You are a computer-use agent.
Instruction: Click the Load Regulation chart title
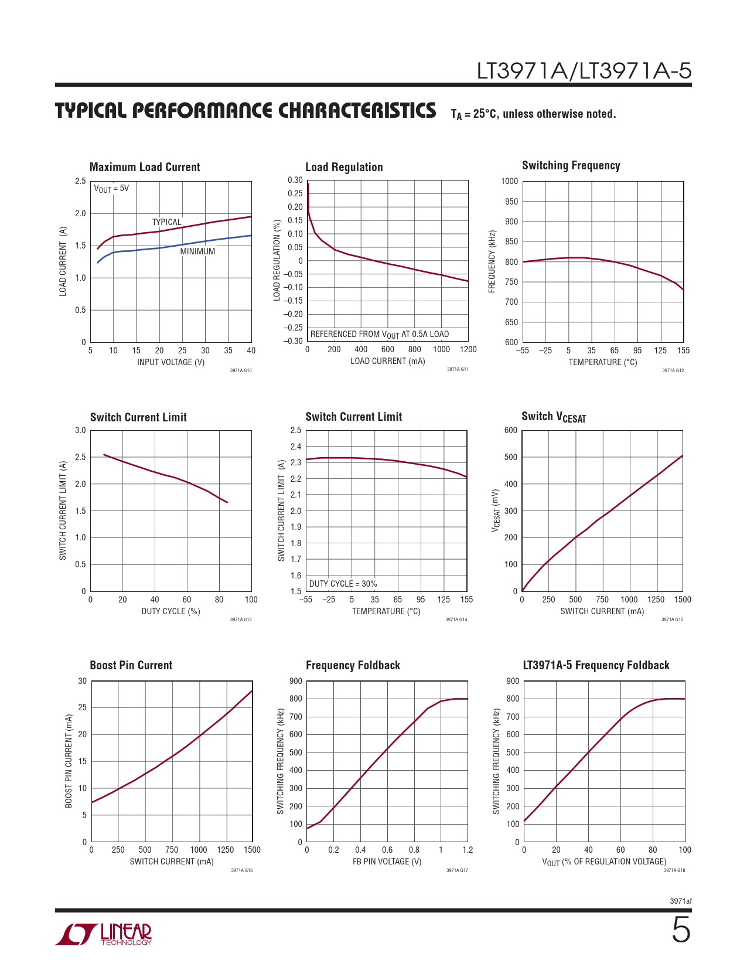pyautogui.click(x=344, y=168)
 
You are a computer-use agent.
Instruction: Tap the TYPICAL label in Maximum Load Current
pyautogui.click(x=166, y=222)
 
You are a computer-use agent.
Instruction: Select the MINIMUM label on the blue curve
pyautogui.click(x=197, y=251)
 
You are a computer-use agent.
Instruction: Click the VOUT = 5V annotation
pyautogui.click(x=111, y=189)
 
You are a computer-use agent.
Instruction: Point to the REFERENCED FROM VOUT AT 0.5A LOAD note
pyautogui.click(x=379, y=335)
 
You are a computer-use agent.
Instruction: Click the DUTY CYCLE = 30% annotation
pyautogui.click(x=343, y=584)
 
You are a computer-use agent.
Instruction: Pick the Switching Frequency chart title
pyautogui.click(x=571, y=166)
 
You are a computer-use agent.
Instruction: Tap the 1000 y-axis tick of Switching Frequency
pyautogui.click(x=509, y=181)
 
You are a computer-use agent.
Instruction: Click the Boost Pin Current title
pyautogui.click(x=131, y=665)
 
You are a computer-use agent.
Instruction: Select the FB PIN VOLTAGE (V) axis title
pyautogui.click(x=387, y=862)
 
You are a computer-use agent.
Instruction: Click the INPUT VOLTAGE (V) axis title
pyautogui.click(x=170, y=362)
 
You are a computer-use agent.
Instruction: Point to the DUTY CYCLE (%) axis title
pyautogui.click(x=170, y=611)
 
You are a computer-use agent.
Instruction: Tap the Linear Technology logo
pyautogui.click(x=104, y=934)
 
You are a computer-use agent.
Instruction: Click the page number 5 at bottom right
pyautogui.click(x=681, y=930)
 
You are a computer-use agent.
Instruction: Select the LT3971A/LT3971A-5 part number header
pyautogui.click(x=584, y=71)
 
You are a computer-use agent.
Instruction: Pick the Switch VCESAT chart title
pyautogui.click(x=554, y=417)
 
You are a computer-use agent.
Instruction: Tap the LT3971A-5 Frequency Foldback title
pyautogui.click(x=596, y=665)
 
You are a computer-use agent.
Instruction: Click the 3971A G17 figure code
pyautogui.click(x=457, y=870)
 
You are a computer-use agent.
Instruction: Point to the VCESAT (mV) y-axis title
pyautogui.click(x=496, y=511)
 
